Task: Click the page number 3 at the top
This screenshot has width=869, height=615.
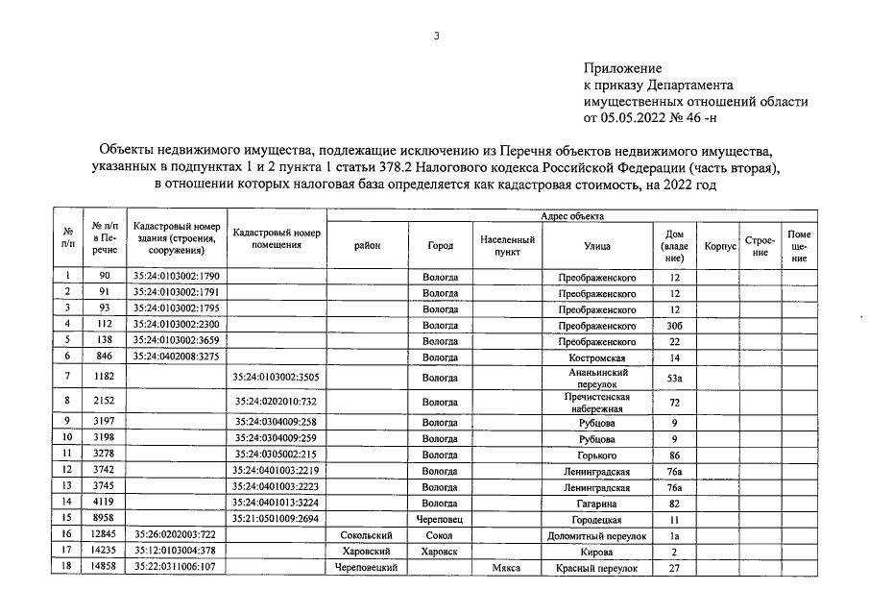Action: (436, 36)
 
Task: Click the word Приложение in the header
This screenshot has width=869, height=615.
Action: (623, 68)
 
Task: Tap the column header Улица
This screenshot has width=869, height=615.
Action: (596, 246)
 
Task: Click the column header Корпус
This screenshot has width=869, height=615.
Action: (719, 246)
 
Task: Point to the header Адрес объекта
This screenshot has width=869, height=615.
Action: (572, 216)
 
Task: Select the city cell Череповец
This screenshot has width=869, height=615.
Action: (440, 518)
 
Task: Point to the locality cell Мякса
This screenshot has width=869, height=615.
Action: (506, 568)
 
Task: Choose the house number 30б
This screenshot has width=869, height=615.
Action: (674, 325)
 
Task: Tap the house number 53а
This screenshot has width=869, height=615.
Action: (674, 379)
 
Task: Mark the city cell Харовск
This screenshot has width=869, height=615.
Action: (440, 552)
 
